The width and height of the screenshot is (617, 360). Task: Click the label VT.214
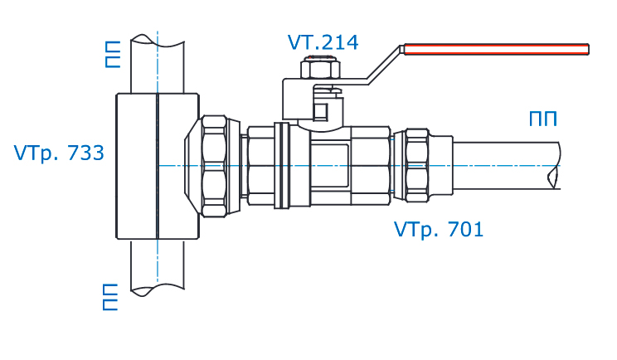click(323, 41)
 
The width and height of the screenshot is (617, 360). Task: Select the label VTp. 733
click(58, 153)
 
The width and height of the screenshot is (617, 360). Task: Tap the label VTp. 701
click(439, 229)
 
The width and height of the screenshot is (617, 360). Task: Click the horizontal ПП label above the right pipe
click(542, 119)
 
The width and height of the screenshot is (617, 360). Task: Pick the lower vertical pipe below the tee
click(156, 265)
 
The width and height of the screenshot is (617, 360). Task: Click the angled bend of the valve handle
click(382, 66)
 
